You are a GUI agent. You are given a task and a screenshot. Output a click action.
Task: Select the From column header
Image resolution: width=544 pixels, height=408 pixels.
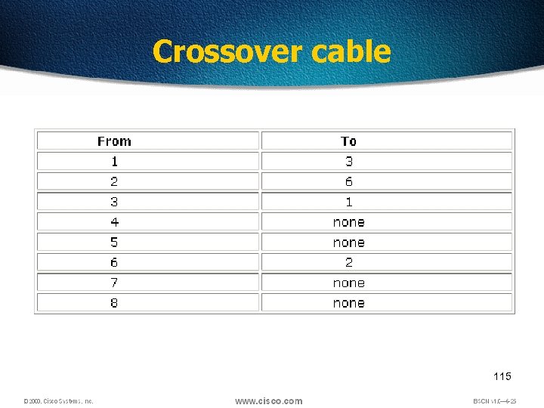(x=114, y=141)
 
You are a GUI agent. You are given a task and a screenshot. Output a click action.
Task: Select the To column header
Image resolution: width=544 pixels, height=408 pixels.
(x=348, y=141)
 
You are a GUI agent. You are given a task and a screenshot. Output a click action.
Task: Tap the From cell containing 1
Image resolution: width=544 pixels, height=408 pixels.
(x=114, y=161)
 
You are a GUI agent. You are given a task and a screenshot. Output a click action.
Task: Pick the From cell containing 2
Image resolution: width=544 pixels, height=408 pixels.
(x=114, y=181)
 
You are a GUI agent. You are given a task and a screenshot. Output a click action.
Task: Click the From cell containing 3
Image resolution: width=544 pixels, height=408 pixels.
(x=114, y=202)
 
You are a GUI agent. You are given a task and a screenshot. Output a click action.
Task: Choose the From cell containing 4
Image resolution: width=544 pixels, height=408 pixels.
(x=114, y=222)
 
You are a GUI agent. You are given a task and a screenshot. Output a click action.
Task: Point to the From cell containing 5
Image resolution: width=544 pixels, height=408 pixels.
(x=114, y=243)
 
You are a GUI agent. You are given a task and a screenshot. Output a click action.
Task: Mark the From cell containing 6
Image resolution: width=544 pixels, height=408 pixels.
(x=114, y=262)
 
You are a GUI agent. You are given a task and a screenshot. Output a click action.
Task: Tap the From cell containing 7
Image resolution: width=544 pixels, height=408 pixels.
(x=114, y=283)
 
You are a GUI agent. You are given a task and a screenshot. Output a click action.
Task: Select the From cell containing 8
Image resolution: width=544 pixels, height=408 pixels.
(x=114, y=303)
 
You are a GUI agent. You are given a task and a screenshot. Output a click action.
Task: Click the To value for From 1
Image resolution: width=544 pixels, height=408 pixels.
(x=348, y=161)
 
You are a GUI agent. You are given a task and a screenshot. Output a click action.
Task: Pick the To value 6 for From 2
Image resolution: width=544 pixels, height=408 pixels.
(x=348, y=181)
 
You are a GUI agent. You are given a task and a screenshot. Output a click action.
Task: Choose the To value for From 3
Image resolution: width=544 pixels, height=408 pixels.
(x=348, y=202)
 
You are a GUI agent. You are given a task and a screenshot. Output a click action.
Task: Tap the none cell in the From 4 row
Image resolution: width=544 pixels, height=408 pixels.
(x=348, y=222)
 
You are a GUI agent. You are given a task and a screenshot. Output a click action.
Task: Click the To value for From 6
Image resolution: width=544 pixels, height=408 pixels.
(x=348, y=262)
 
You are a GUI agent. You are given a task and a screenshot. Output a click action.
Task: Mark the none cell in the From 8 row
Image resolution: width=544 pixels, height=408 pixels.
(x=348, y=303)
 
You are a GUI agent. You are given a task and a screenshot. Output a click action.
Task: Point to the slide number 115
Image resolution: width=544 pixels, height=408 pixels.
(x=502, y=376)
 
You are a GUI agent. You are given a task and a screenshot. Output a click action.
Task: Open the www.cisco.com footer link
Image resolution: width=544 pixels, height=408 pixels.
(x=268, y=400)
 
